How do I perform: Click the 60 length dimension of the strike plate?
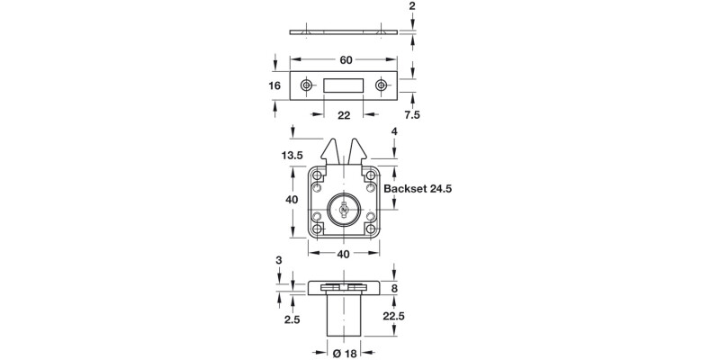click(x=345, y=60)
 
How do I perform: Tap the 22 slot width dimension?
click(x=344, y=116)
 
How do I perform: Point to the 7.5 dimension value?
click(x=413, y=116)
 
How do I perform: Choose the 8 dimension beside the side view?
click(x=395, y=288)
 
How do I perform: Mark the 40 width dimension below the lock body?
click(x=344, y=255)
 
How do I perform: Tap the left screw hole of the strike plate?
click(x=308, y=85)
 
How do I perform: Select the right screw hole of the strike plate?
click(x=382, y=85)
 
